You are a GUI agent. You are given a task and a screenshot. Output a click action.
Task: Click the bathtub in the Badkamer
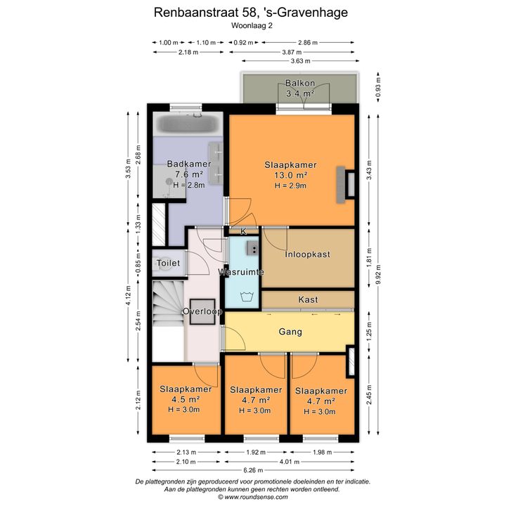(x=188, y=124)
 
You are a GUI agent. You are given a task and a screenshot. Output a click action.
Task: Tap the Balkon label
(x=300, y=83)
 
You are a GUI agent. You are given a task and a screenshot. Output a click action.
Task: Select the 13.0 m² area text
(x=290, y=175)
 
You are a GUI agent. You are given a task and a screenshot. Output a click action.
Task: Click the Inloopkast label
(x=307, y=254)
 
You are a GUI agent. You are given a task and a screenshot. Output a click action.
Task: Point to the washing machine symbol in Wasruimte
(x=247, y=297)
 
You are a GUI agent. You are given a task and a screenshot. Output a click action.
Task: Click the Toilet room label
(x=168, y=263)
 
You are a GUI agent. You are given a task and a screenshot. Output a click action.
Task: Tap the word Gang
(x=290, y=332)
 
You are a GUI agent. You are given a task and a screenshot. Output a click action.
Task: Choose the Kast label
(x=308, y=300)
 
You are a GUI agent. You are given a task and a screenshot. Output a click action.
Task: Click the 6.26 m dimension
(x=253, y=470)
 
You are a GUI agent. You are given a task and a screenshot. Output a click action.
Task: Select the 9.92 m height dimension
(x=379, y=274)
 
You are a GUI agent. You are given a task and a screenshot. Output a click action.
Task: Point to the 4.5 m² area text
(x=186, y=399)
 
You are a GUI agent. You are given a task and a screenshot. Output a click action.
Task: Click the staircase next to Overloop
(x=168, y=303)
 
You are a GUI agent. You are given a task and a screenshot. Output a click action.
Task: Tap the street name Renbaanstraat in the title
(x=197, y=13)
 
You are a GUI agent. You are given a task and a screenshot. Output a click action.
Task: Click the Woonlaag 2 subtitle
(x=252, y=25)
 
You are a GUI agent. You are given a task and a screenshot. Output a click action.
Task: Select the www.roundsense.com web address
(x=257, y=497)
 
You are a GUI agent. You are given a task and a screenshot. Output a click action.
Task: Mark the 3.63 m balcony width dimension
(x=301, y=60)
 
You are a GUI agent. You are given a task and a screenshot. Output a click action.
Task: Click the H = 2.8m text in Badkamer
(x=189, y=186)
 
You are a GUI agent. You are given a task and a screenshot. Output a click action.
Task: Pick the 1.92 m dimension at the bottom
(x=256, y=453)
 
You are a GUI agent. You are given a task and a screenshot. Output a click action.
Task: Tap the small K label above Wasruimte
(x=243, y=231)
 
